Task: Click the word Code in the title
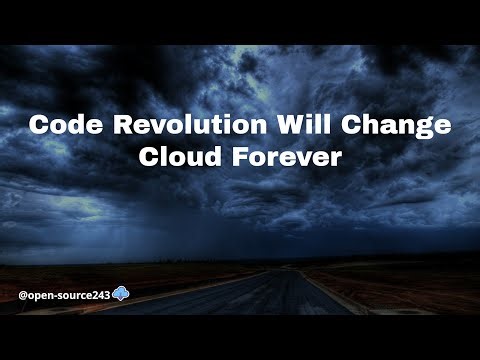coord(61,127)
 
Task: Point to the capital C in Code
coord(39,127)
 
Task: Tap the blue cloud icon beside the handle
coord(120,294)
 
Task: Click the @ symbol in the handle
coord(23,295)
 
